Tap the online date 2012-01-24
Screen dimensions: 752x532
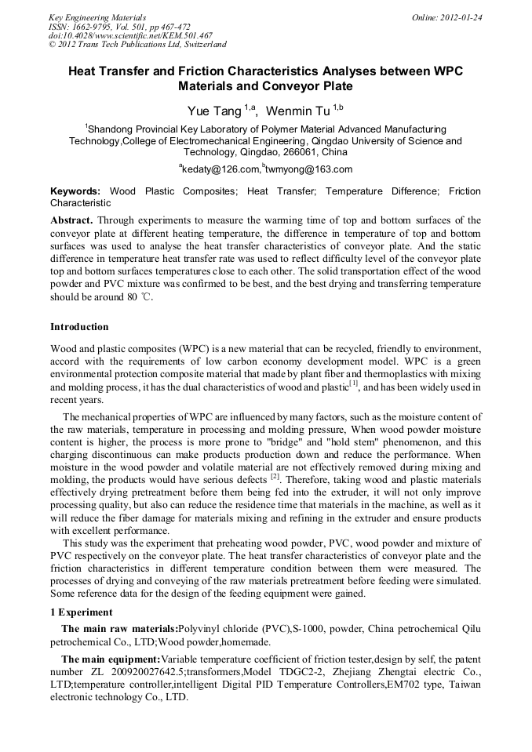[464, 17]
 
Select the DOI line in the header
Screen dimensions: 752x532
[130, 35]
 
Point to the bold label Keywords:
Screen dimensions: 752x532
[75, 191]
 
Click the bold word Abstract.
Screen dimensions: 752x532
[71, 221]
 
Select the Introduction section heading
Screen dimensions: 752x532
[80, 326]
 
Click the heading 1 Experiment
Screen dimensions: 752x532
[82, 612]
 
